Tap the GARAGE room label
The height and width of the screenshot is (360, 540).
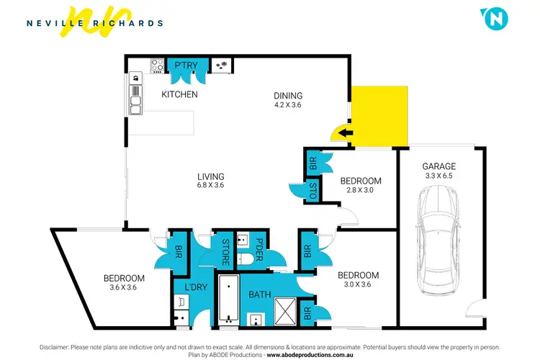pos(439,166)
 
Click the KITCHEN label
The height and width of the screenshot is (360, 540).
pos(179,94)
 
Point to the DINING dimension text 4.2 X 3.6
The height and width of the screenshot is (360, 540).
pos(288,105)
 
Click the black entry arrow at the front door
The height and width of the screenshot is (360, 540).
pos(347,132)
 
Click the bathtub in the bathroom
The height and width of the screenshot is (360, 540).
pos(229,298)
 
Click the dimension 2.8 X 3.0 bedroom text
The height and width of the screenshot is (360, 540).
pos(361,191)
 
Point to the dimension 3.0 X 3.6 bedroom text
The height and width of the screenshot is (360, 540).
pos(358,285)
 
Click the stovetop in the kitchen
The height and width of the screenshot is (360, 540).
pos(157,66)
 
